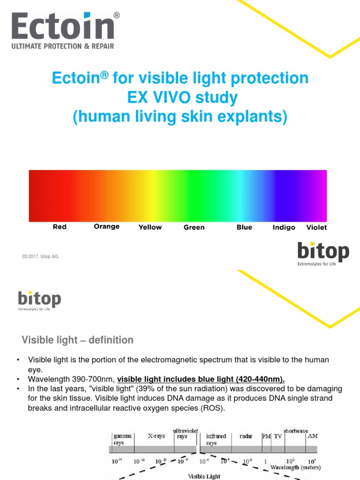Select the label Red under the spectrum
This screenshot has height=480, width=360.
coord(60,227)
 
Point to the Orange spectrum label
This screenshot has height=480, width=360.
coord(106,226)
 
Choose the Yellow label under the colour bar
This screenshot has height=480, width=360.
coord(150,227)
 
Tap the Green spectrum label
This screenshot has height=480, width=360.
coord(194,227)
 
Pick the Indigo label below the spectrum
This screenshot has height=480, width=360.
coord(284,227)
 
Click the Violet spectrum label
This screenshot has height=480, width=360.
coord(316,227)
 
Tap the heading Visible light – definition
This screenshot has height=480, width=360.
coord(78,340)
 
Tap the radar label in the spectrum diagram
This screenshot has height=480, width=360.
coord(246,435)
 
